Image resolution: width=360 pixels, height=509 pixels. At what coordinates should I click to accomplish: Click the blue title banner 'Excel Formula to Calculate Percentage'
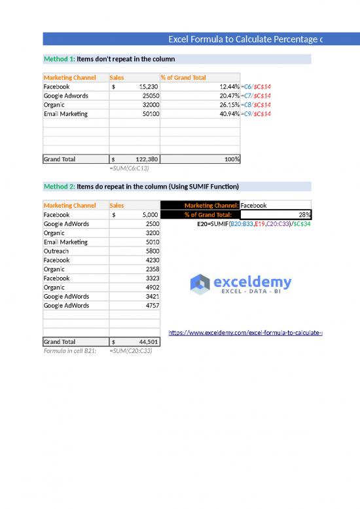point(245,40)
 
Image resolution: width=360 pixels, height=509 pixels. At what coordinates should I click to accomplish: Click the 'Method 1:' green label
point(59,59)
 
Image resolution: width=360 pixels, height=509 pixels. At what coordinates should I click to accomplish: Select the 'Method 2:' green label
point(59,187)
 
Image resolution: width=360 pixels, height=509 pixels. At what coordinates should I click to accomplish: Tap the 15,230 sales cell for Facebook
point(135,86)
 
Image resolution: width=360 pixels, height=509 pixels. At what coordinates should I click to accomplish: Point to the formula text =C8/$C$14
point(256,105)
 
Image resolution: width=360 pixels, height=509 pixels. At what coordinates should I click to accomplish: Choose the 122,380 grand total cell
point(135,159)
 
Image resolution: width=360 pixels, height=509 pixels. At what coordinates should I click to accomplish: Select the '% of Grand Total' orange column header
point(184,77)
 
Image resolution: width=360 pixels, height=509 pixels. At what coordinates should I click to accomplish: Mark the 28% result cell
point(276,214)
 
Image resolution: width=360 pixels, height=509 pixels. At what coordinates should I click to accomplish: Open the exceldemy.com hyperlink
point(245,333)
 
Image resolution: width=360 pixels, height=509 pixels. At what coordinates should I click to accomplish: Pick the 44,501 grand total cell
point(135,342)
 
